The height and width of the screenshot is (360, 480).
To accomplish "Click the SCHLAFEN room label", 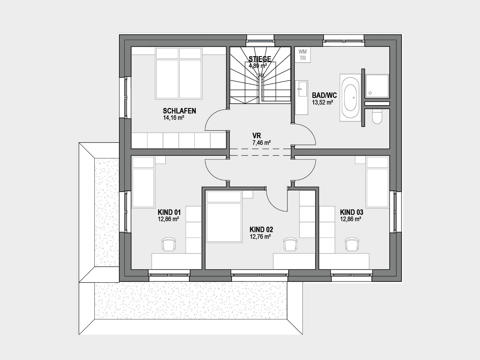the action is (179, 111).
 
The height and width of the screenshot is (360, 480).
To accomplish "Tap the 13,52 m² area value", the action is (322, 102).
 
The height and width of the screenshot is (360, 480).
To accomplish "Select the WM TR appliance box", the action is (303, 55).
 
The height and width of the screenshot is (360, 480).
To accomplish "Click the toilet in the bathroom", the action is (377, 116).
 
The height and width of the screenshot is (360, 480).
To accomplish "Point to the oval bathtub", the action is (350, 98).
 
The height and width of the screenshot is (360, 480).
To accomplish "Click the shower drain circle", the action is (370, 93).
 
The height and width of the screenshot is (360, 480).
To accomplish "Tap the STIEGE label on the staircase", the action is (260, 59).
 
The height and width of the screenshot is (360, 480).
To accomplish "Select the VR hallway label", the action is (257, 136).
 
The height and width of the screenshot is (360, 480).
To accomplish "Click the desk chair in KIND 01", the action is (169, 244).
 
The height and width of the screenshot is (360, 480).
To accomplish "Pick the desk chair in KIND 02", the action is (290, 244).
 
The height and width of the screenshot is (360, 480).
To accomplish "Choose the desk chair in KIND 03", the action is (352, 244).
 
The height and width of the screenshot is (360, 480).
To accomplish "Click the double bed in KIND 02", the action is (224, 217).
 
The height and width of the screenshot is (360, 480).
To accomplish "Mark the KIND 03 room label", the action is (351, 212).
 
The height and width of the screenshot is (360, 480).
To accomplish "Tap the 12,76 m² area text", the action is (261, 237).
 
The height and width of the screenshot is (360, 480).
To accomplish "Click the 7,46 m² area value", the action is (261, 143).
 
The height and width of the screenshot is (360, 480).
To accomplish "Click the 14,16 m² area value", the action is (174, 118).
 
